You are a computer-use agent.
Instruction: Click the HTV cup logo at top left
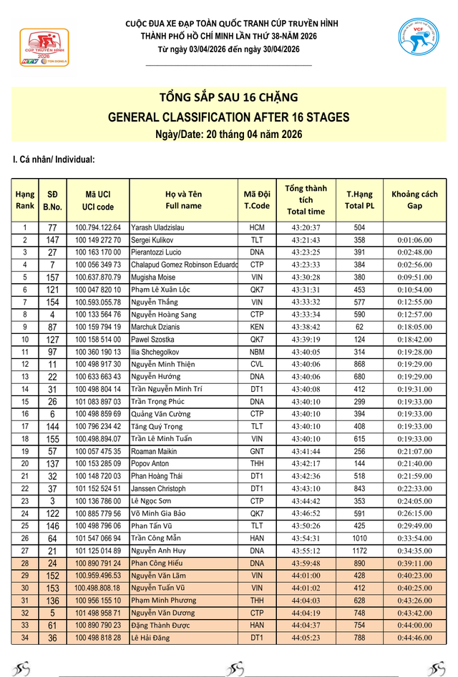coord(44,48)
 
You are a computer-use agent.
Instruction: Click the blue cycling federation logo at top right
coord(418,40)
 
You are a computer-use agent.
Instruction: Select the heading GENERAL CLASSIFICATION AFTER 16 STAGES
coord(228,117)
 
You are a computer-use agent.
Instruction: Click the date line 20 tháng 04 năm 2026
coord(228,134)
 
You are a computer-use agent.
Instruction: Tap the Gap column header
coord(414,199)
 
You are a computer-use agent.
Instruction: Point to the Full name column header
coord(184,199)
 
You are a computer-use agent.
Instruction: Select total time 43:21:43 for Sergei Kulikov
coord(306,239)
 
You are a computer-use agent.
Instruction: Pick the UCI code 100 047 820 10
coord(98,290)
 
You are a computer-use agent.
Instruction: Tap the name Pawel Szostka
coord(152,339)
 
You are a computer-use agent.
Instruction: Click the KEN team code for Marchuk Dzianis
coord(257,327)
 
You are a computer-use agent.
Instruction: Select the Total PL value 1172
coord(359,550)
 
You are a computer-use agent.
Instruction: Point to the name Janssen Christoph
coord(158,488)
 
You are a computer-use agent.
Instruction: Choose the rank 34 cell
coord(24,637)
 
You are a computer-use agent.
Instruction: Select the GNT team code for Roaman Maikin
coord(257,451)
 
